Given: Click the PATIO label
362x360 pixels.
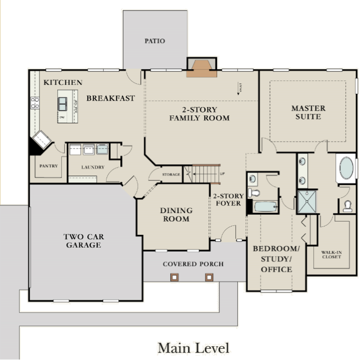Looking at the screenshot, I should [x=154, y=41].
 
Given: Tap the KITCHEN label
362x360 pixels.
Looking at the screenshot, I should [x=63, y=82].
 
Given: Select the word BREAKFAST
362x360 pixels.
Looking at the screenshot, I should [x=110, y=98].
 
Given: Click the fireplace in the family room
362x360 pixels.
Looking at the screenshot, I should [x=201, y=69].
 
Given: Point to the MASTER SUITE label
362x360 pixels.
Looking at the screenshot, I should [x=308, y=112].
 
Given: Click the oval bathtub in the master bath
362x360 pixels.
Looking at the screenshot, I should [x=347, y=168].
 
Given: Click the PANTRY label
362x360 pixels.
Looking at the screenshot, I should [x=49, y=166].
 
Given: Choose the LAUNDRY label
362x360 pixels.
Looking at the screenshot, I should [x=93, y=168].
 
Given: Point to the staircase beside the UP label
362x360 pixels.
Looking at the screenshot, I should [x=204, y=174].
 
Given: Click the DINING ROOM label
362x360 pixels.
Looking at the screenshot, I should [x=176, y=215].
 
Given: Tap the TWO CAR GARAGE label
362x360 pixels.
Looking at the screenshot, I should [x=84, y=241].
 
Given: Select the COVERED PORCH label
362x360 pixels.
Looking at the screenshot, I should [x=193, y=264].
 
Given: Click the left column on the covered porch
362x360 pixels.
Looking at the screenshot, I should [x=174, y=277].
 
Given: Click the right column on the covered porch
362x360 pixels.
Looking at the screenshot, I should [x=209, y=277].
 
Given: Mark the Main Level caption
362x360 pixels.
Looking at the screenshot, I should [x=193, y=348].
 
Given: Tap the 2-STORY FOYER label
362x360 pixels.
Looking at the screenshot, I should [x=227, y=199].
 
